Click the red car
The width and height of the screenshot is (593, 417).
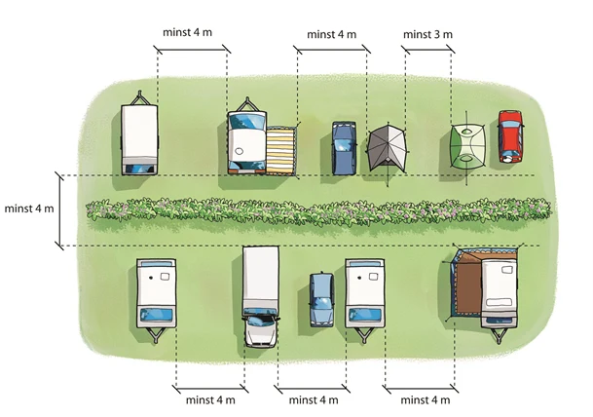tap(510, 136)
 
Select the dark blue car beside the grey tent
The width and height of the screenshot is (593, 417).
tap(344, 148)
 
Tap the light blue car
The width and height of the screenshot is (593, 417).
tap(321, 300)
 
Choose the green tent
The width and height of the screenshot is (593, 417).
tap(467, 146)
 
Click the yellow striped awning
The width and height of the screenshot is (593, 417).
tap(280, 151)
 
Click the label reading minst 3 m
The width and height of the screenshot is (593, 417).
tap(427, 34)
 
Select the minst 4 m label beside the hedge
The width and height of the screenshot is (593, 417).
tap(29, 208)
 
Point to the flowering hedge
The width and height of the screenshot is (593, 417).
tap(318, 209)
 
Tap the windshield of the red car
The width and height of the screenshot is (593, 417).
tap(510, 124)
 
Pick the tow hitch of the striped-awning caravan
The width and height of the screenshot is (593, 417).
tap(247, 103)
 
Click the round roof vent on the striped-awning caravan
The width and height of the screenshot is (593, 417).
tap(239, 151)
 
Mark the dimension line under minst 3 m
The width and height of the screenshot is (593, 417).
tap(428, 49)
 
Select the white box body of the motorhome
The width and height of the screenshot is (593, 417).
tap(261, 277)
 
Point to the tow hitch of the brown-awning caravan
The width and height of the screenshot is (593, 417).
tap(499, 335)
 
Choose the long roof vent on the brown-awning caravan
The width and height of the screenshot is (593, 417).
tap(499, 302)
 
